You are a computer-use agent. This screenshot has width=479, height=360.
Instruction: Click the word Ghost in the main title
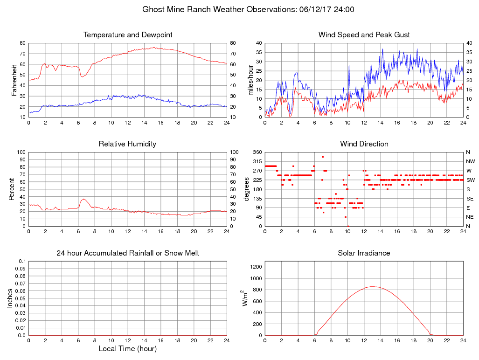[153, 9]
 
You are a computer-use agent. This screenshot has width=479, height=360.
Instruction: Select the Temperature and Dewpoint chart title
[128, 35]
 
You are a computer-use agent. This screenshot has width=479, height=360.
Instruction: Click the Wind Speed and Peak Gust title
[364, 35]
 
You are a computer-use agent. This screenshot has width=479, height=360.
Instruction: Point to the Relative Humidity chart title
[127, 144]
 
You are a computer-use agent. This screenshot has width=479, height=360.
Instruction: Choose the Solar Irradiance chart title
[364, 253]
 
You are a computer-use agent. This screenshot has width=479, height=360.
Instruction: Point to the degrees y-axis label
[247, 189]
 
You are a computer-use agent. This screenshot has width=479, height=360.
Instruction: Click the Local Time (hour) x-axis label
[127, 349]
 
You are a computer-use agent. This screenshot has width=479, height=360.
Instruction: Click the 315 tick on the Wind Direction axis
[257, 161]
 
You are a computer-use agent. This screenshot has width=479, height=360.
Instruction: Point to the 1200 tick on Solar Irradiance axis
[256, 267]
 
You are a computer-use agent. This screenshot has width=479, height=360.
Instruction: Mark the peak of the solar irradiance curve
[372, 286]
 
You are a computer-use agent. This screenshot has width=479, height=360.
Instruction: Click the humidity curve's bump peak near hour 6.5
[83, 199]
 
